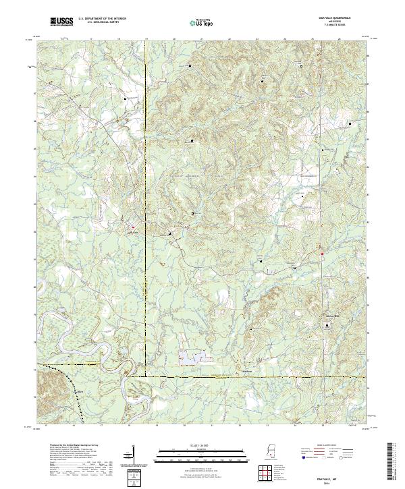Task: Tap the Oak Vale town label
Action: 133,233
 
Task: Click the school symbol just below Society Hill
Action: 328,325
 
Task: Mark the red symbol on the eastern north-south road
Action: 323,254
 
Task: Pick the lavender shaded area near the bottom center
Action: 192,357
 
